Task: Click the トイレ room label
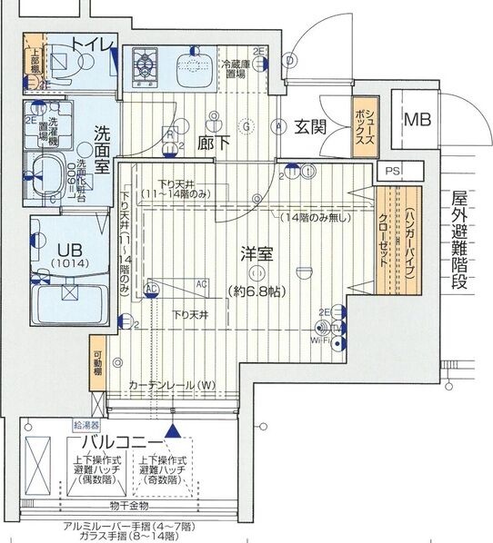[93, 44]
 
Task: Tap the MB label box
[420, 119]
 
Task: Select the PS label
[392, 170]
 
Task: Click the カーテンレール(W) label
[171, 384]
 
